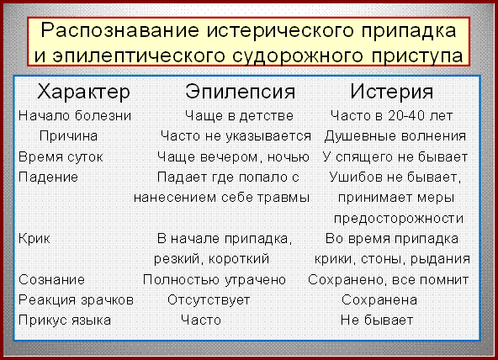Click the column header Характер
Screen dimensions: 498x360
coord(83,92)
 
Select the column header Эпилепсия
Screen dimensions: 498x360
coord(240,92)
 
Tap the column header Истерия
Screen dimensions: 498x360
coord(392,92)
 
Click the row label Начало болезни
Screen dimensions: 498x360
coord(75,115)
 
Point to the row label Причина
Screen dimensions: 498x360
coord(68,136)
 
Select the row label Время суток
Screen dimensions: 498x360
coord(61,156)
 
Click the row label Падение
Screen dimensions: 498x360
coord(48,177)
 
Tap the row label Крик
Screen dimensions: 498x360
coord(34,238)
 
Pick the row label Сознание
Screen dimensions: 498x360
coord(51,280)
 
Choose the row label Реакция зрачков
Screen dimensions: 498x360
coord(76,300)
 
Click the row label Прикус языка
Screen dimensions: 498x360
coord(65,320)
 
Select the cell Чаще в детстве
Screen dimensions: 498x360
coord(239,116)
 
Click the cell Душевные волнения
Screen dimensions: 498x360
coord(395,136)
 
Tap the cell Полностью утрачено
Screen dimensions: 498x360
coord(215,280)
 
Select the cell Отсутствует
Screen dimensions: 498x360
coord(209,300)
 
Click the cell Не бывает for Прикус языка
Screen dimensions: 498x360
coord(377,320)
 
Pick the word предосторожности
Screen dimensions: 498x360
coord(399,219)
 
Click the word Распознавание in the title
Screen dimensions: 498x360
coord(119,31)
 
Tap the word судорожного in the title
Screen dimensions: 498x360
coord(298,56)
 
